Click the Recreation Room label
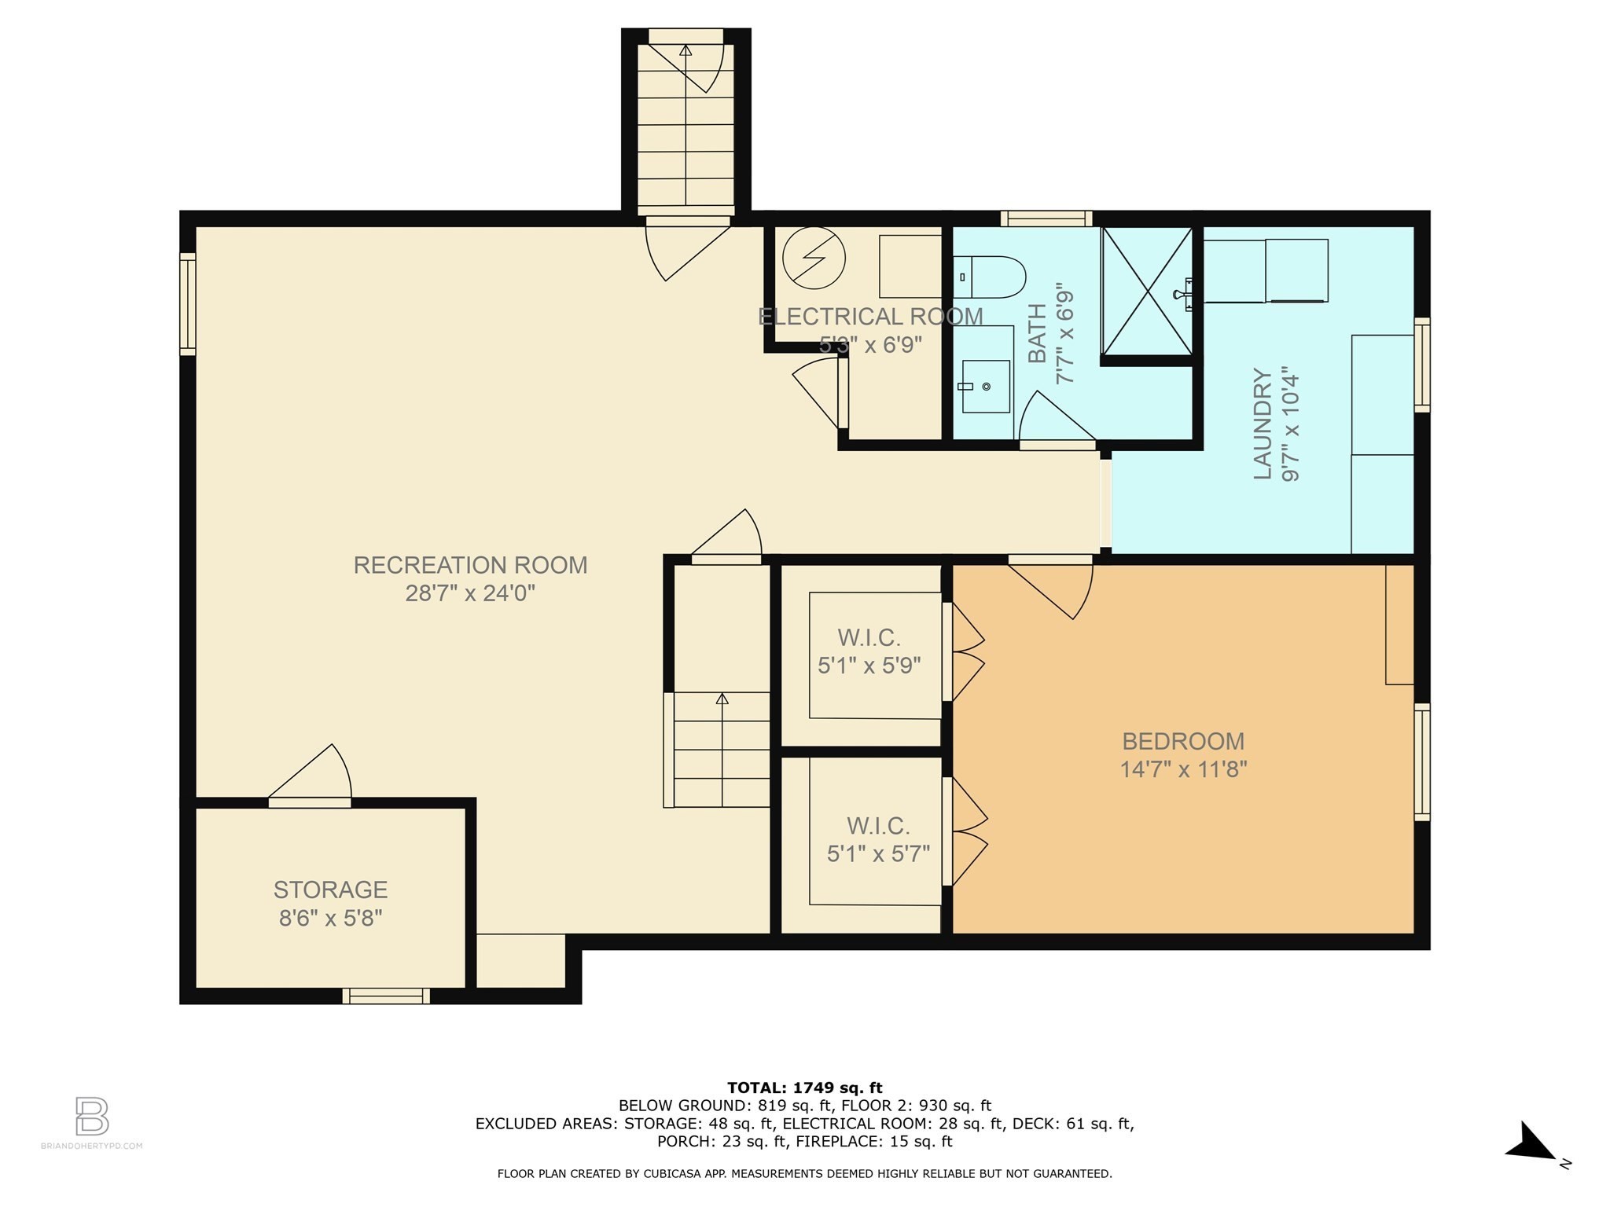coord(470,565)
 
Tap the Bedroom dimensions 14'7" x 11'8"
coord(1183,769)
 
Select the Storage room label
coord(330,890)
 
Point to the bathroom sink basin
coord(986,387)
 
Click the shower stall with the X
coord(1147,292)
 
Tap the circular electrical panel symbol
coord(814,258)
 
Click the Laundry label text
coord(1262,424)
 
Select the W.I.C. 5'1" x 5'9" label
coord(869,651)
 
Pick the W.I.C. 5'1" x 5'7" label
coord(878,839)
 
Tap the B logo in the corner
coord(92,1117)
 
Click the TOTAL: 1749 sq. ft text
coord(805,1088)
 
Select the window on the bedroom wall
coord(1421,762)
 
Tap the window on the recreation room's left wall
coord(187,304)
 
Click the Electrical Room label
coord(870,317)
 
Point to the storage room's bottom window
coord(386,996)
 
